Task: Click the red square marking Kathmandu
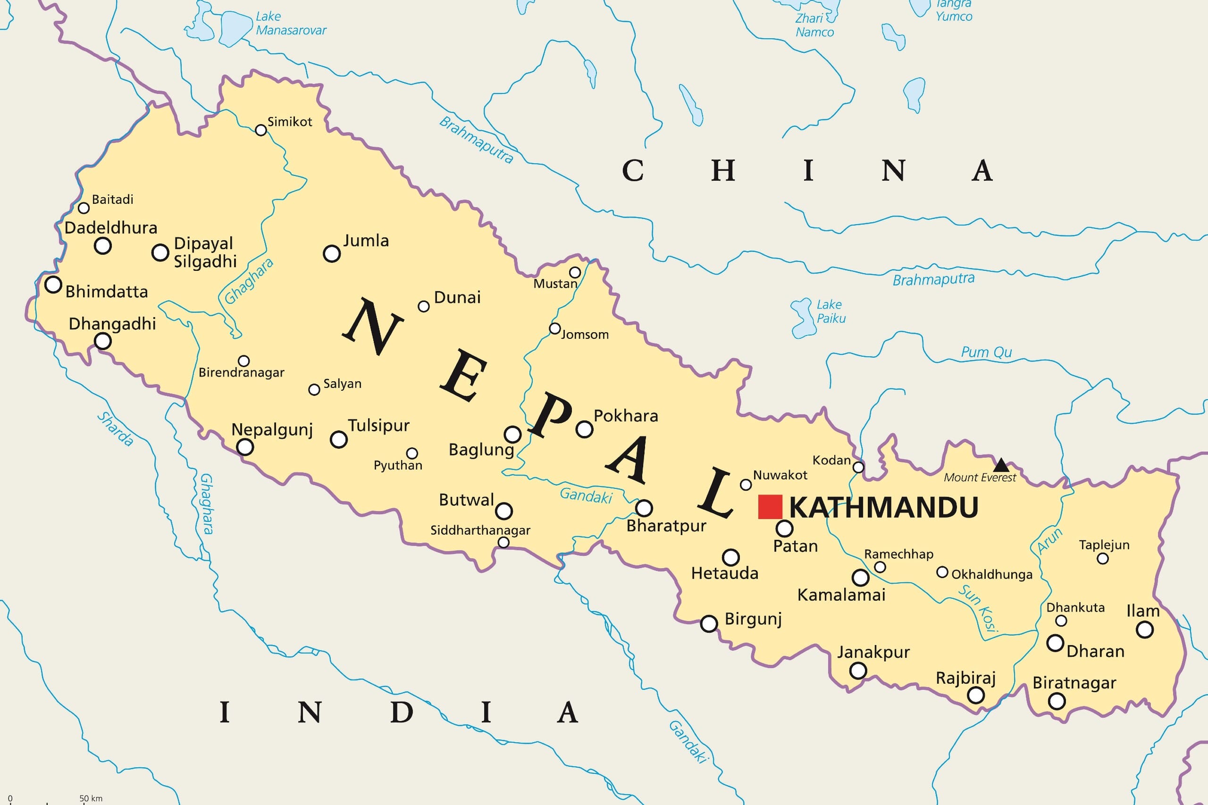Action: [x=770, y=507]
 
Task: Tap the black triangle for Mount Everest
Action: [x=1001, y=466]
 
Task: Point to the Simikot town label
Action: [x=290, y=122]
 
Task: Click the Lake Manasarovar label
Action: [x=291, y=24]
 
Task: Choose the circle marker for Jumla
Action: [x=332, y=253]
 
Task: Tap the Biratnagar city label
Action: [x=1074, y=683]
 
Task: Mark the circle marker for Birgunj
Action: [x=709, y=624]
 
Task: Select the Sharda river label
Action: [x=116, y=428]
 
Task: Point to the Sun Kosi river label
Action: [x=979, y=609]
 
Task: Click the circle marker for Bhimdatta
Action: [x=53, y=285]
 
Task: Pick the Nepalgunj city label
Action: [x=272, y=429]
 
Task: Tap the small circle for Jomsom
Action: [x=554, y=328]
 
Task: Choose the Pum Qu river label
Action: [x=986, y=352]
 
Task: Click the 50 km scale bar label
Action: [x=91, y=798]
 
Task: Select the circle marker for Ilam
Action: [x=1145, y=629]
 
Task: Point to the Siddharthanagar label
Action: [x=480, y=530]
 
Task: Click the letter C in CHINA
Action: [x=633, y=170]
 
